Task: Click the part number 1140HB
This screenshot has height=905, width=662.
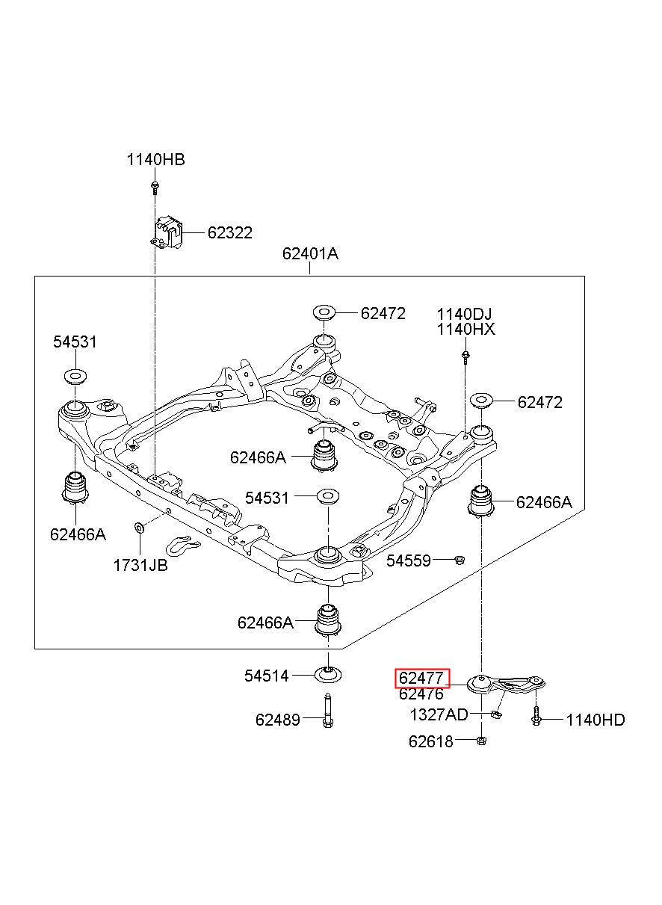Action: click(x=155, y=160)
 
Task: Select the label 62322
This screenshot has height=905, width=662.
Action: click(x=230, y=232)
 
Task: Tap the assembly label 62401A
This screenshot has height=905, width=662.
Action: click(x=310, y=254)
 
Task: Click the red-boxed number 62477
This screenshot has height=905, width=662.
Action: click(x=421, y=678)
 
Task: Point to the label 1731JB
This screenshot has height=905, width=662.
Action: click(x=140, y=565)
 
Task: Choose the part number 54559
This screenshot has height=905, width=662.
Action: click(x=409, y=560)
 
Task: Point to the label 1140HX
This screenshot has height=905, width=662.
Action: click(x=465, y=330)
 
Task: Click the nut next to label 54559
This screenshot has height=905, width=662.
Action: click(x=460, y=560)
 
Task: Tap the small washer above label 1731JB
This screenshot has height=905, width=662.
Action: click(x=138, y=527)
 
